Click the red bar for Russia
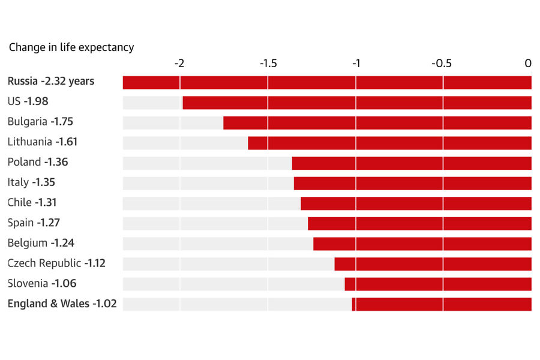point(327,83)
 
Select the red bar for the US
point(357,103)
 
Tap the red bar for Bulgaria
point(377,123)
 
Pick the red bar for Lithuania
point(389,143)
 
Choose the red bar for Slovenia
point(438,284)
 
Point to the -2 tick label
point(179,64)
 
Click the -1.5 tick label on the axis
point(267,64)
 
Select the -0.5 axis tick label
point(442,64)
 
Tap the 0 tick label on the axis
point(528,64)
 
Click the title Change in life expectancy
point(71,47)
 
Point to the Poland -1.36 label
point(38,162)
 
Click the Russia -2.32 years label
point(51,81)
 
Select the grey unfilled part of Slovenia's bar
point(233,284)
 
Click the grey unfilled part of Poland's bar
point(207,163)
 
